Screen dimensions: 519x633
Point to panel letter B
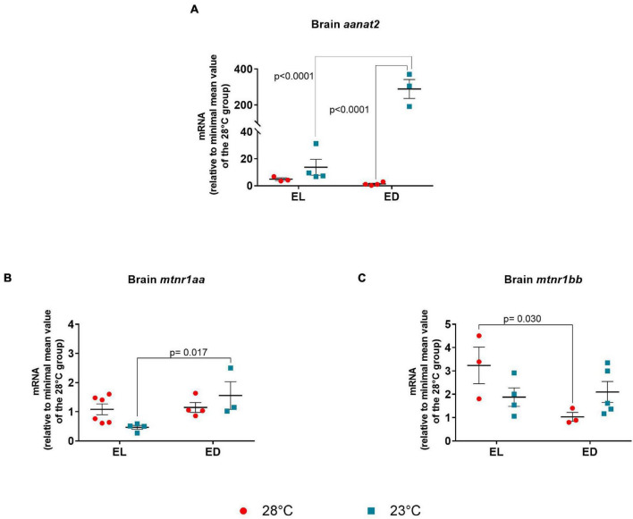pos(7,279)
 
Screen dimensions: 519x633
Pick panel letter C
pos(336,279)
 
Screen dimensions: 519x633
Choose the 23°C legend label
pos(410,509)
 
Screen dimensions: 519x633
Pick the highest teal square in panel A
pos(409,75)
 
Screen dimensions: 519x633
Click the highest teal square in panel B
pos(230,368)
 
